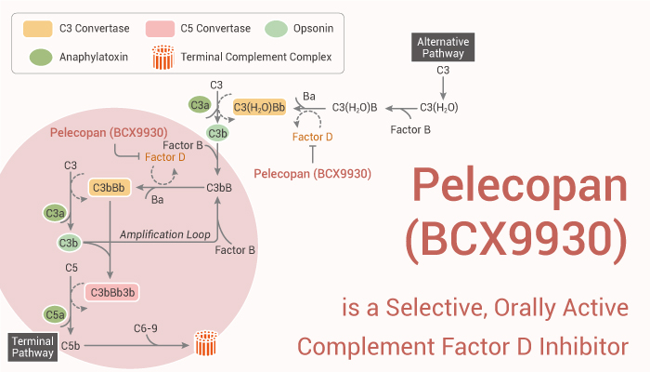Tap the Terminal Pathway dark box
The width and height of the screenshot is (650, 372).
(x=32, y=347)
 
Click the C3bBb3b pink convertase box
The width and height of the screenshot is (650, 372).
(x=111, y=292)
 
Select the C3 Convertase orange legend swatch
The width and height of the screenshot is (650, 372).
(x=41, y=30)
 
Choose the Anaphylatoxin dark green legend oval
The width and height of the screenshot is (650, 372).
(x=41, y=59)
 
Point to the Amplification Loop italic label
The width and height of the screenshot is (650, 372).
(x=164, y=234)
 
